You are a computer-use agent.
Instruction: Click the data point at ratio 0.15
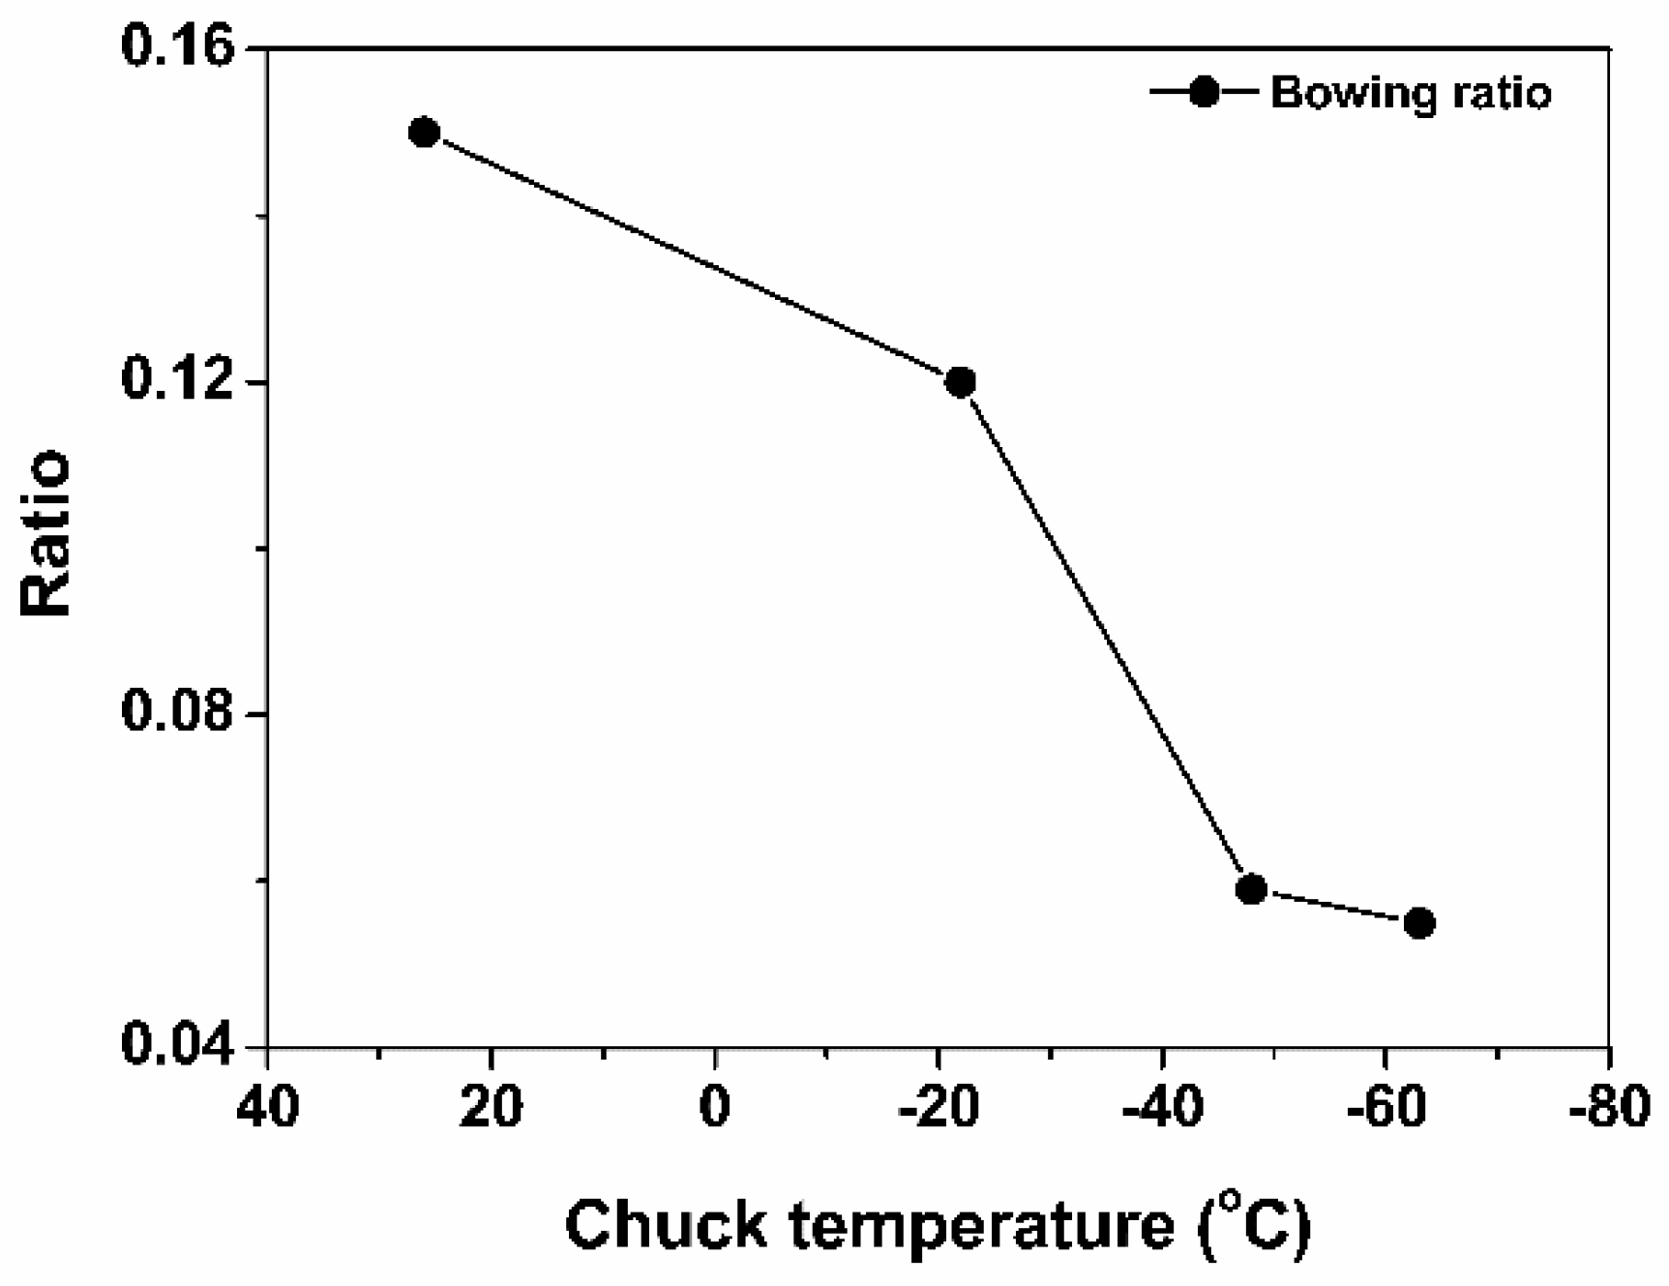[424, 133]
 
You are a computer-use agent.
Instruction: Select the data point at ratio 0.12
[960, 382]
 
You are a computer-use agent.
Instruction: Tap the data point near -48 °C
[1251, 888]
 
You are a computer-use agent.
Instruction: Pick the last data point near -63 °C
[1418, 923]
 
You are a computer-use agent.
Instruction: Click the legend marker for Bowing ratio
[1204, 93]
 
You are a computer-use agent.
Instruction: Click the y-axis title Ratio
[46, 532]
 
